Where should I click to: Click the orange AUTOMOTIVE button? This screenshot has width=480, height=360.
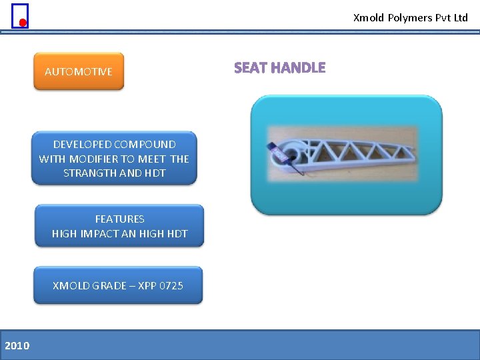coord(79,71)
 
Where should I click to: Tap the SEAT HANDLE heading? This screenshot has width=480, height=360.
coord(279,68)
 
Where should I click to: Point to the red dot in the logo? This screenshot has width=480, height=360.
coord(23,23)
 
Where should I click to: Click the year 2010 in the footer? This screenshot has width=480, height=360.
coord(17,345)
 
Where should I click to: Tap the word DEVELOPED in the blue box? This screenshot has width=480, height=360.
coord(82,144)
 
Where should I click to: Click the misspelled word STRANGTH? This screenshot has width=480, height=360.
coord(90,173)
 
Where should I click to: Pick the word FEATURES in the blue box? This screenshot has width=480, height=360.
coord(119,219)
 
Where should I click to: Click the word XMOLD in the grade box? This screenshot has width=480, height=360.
coord(70,285)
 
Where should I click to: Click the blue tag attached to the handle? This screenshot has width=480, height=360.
coord(274,153)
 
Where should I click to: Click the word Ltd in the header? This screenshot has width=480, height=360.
coord(461,18)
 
